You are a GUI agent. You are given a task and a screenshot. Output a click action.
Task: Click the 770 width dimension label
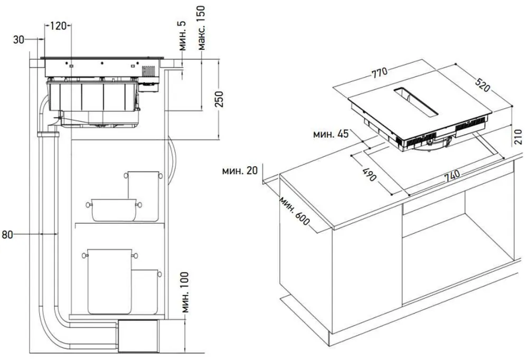tap(380, 72)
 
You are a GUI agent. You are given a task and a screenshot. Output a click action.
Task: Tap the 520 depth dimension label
tap(482, 85)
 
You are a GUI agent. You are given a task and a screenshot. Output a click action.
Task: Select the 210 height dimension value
tap(518, 137)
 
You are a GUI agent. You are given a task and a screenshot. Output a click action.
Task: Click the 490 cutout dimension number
tap(370, 174)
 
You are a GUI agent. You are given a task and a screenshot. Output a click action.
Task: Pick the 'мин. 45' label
tap(331, 134)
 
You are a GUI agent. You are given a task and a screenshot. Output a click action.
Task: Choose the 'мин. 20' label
tap(240, 170)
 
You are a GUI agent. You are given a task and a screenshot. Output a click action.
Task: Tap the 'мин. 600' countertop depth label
tap(294, 211)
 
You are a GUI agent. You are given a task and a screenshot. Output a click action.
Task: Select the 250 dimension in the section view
tap(219, 99)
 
